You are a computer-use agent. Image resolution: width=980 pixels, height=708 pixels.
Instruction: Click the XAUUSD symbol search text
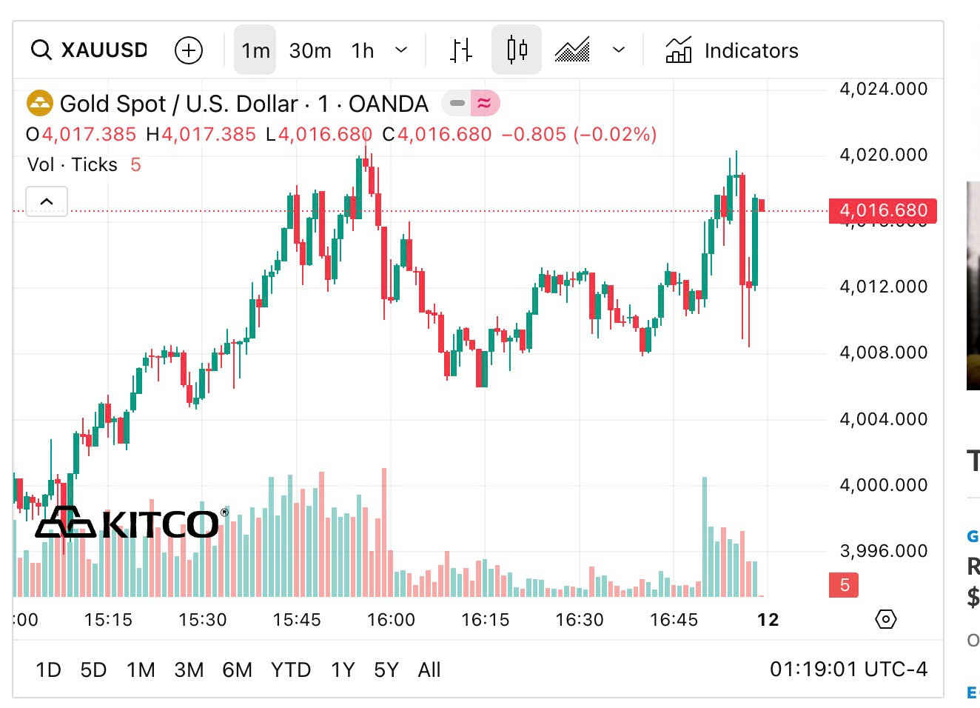pos(104,50)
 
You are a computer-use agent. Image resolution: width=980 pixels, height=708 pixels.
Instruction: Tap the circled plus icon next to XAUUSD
pos(189,50)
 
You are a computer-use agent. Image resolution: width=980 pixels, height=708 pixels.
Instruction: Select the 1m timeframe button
pos(255,50)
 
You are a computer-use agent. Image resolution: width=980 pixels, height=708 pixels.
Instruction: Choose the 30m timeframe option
pos(310,50)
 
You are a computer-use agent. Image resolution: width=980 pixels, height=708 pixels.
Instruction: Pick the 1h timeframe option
pos(363,50)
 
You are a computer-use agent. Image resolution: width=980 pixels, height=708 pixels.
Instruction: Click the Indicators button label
pos(751,50)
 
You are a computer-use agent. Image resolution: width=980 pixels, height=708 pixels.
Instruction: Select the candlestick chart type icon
pos(517,50)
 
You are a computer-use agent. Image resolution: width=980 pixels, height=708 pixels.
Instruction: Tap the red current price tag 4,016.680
pos(883,211)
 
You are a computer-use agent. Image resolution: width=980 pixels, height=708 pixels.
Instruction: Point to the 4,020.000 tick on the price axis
pos(883,155)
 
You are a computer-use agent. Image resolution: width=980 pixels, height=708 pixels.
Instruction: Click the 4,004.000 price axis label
pos(883,419)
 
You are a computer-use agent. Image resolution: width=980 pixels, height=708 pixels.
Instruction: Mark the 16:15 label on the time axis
pos(486,620)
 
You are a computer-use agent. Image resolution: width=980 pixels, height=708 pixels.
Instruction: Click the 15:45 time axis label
pos(297,620)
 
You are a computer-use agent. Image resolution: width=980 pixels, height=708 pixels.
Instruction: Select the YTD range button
pos(290,670)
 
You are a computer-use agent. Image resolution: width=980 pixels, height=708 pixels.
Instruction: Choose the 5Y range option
pos(386,670)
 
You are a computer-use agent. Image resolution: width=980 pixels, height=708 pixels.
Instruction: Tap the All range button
pos(429,670)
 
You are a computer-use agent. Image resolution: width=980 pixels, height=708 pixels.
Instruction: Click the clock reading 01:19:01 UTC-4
pos(848,669)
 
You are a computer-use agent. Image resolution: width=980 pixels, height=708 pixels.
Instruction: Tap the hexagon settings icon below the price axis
pos(886,619)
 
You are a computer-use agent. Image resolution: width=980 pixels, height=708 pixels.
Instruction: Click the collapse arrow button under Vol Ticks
pos(47,201)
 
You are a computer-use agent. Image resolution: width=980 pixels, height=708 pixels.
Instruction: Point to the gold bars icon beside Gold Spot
pos(40,104)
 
